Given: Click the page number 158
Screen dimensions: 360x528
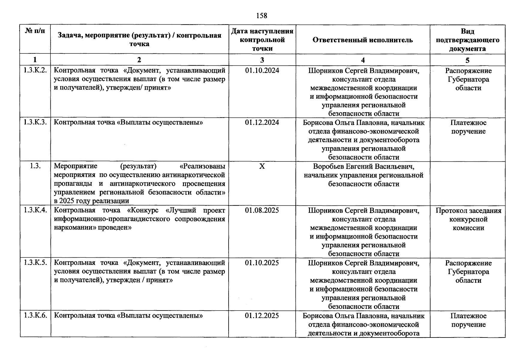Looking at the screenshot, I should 262,15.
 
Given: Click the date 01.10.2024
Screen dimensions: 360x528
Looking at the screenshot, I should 262,70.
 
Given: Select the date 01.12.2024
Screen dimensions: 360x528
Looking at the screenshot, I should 262,122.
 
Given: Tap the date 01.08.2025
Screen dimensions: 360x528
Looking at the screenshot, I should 262,210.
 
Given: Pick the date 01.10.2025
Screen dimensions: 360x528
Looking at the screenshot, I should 262,263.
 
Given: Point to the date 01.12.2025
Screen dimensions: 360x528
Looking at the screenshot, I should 262,316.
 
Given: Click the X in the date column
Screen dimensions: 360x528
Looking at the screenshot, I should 262,166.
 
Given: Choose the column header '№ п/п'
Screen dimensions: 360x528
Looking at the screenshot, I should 35,31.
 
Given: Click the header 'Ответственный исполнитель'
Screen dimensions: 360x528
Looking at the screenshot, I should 362,40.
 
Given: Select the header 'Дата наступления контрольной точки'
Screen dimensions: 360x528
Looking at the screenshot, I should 262,40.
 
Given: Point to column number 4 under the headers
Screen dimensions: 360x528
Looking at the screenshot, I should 363,60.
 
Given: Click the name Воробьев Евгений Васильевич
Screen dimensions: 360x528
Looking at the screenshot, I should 364,166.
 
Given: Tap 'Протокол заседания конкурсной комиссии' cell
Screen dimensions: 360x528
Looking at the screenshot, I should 468,219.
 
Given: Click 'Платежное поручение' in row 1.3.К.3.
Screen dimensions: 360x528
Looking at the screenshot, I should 468,127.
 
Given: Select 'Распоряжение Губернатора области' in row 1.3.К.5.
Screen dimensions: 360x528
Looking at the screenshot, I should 468,271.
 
